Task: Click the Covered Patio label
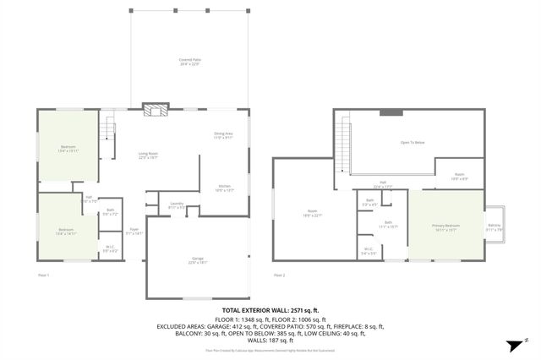pos(189,61)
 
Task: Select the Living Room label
pos(149,155)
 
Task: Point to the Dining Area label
pos(224,135)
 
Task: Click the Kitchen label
pos(225,188)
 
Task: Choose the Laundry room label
pos(177,205)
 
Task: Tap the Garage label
pos(197,260)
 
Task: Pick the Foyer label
pos(134,230)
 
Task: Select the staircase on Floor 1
pos(107,131)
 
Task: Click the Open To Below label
pos(413,142)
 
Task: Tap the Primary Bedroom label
pos(445,226)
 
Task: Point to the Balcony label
pos(495,226)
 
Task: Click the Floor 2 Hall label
pos(382,184)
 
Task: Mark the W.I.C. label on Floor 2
pos(369,250)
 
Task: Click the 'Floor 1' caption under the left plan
pos(44,275)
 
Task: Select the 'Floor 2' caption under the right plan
pos(280,275)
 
